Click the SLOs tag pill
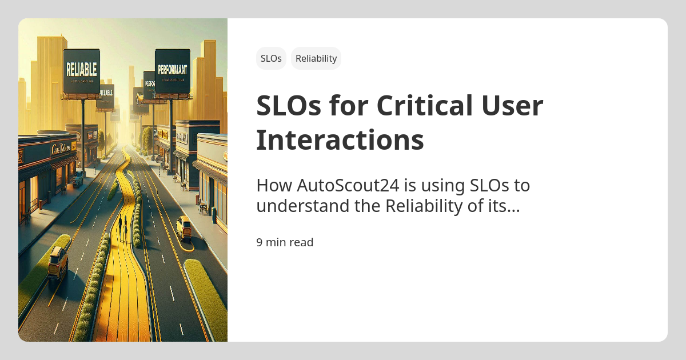[x=271, y=58]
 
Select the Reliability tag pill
[x=316, y=58]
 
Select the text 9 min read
[x=285, y=242]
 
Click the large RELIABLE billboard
[x=82, y=71]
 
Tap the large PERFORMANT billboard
[x=172, y=71]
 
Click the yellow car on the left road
[x=58, y=263]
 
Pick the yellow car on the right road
[x=184, y=227]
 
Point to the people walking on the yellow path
[x=122, y=226]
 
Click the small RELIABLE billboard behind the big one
[x=106, y=94]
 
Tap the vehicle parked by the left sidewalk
[x=77, y=179]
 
